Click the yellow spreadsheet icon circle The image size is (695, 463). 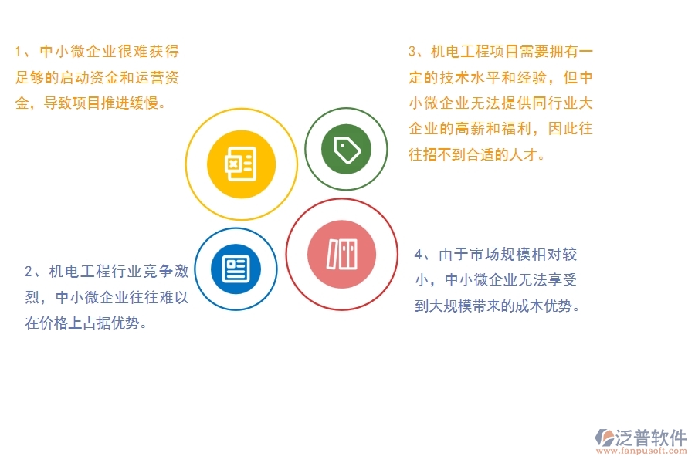[242, 163]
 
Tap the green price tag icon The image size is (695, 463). [345, 148]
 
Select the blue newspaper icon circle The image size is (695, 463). [236, 269]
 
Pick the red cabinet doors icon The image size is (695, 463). [341, 254]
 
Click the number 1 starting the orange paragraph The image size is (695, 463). [19, 52]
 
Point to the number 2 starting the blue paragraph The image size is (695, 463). [29, 271]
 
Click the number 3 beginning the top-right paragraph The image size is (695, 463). [412, 52]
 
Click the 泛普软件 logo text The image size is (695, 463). [650, 438]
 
